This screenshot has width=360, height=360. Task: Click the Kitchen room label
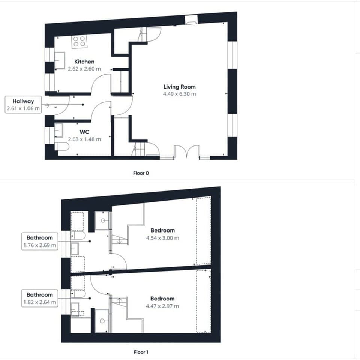pyautogui.click(x=84, y=61)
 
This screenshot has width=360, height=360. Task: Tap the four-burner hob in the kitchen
pyautogui.click(x=79, y=41)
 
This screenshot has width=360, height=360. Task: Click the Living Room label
pyautogui.click(x=179, y=87)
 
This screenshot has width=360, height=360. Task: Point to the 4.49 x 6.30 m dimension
pyautogui.click(x=179, y=94)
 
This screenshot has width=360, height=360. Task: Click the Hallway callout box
pyautogui.click(x=23, y=105)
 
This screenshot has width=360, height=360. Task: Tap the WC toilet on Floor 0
pyautogui.click(x=61, y=147)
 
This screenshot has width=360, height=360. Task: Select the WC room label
pyautogui.click(x=84, y=132)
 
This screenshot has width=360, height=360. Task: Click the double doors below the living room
pyautogui.click(x=186, y=153)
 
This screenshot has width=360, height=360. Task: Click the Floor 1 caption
pyautogui.click(x=141, y=352)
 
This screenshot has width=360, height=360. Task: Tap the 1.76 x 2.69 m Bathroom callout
pyautogui.click(x=40, y=241)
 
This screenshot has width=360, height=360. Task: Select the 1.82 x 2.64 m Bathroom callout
pyautogui.click(x=40, y=298)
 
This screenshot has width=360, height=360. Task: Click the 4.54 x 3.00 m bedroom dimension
pyautogui.click(x=163, y=238)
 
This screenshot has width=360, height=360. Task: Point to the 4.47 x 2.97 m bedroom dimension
pyautogui.click(x=162, y=306)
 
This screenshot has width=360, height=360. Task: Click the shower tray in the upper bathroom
pyautogui.click(x=102, y=220)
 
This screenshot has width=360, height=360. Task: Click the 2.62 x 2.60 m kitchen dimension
pyautogui.click(x=84, y=69)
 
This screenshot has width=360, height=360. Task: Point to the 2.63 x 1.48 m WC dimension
pyautogui.click(x=84, y=139)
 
